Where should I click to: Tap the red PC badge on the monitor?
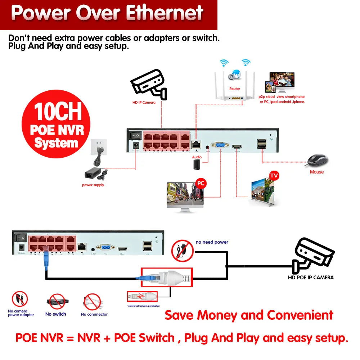[x=201, y=184]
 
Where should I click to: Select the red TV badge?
[x=274, y=176]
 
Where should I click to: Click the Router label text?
[x=234, y=89]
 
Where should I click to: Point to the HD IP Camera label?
[x=144, y=103]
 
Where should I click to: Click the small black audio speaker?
[x=197, y=165]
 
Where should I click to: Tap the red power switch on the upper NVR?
[x=135, y=135]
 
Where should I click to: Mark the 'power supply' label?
[x=93, y=185]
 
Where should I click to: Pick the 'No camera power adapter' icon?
[x=20, y=299]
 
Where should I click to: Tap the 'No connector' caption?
[x=94, y=314]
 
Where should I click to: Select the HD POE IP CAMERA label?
[x=311, y=278]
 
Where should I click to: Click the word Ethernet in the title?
[x=166, y=13]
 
